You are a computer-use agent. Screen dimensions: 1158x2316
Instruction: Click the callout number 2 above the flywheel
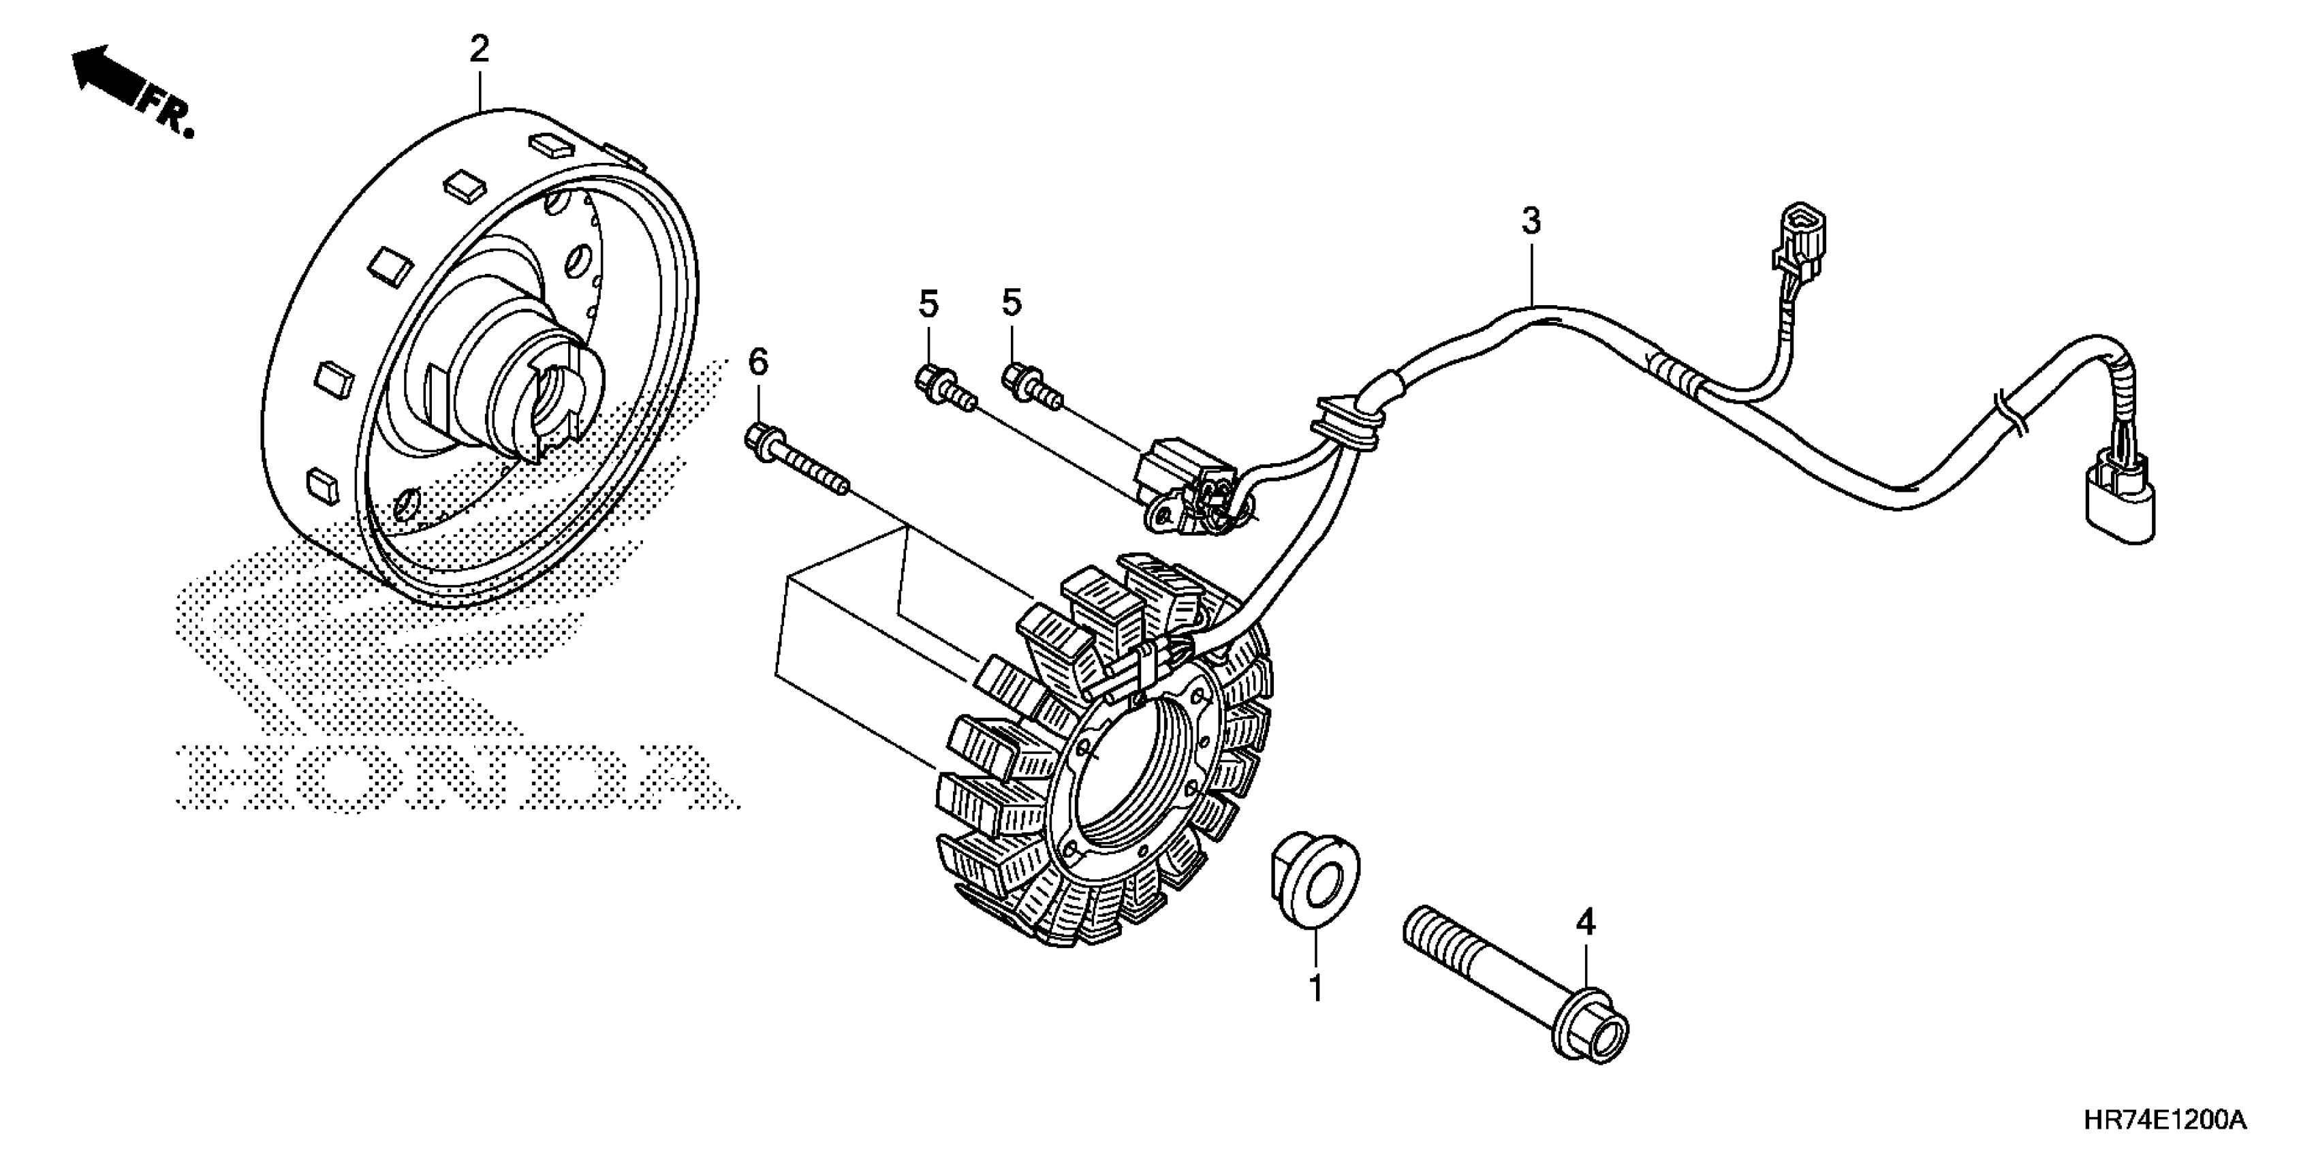(479, 50)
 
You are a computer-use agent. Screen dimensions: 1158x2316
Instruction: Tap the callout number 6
(759, 363)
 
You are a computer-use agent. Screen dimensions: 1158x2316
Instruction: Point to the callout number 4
(1585, 922)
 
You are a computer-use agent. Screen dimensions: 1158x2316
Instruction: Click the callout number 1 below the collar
(1315, 988)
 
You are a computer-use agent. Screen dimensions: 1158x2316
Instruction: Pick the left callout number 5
(928, 304)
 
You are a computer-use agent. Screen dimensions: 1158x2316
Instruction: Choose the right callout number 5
(1012, 303)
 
